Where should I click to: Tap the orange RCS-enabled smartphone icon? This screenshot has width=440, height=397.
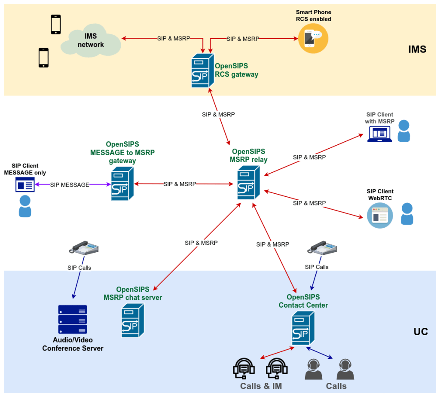(313, 38)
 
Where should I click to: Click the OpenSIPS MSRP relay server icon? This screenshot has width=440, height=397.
(248, 183)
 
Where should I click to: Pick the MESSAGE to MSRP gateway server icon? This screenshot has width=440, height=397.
(122, 184)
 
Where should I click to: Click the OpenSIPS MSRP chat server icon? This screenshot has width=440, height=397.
(133, 320)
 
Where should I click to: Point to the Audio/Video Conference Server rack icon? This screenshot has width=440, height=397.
(73, 319)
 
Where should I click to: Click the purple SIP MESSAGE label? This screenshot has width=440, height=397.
(70, 185)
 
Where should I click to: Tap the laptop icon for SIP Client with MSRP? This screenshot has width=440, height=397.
(379, 134)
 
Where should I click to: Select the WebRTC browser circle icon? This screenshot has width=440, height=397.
(380, 215)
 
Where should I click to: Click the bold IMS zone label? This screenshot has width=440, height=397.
(417, 49)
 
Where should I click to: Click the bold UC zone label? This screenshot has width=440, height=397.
(421, 332)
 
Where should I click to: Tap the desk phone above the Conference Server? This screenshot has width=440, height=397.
(84, 247)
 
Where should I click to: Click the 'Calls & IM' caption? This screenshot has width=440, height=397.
(261, 386)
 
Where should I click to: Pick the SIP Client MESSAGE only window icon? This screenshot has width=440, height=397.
(25, 185)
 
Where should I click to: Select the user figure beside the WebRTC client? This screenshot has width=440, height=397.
(407, 214)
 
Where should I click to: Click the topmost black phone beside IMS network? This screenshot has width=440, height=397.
(56, 24)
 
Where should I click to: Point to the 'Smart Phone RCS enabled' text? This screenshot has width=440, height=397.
(313, 15)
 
